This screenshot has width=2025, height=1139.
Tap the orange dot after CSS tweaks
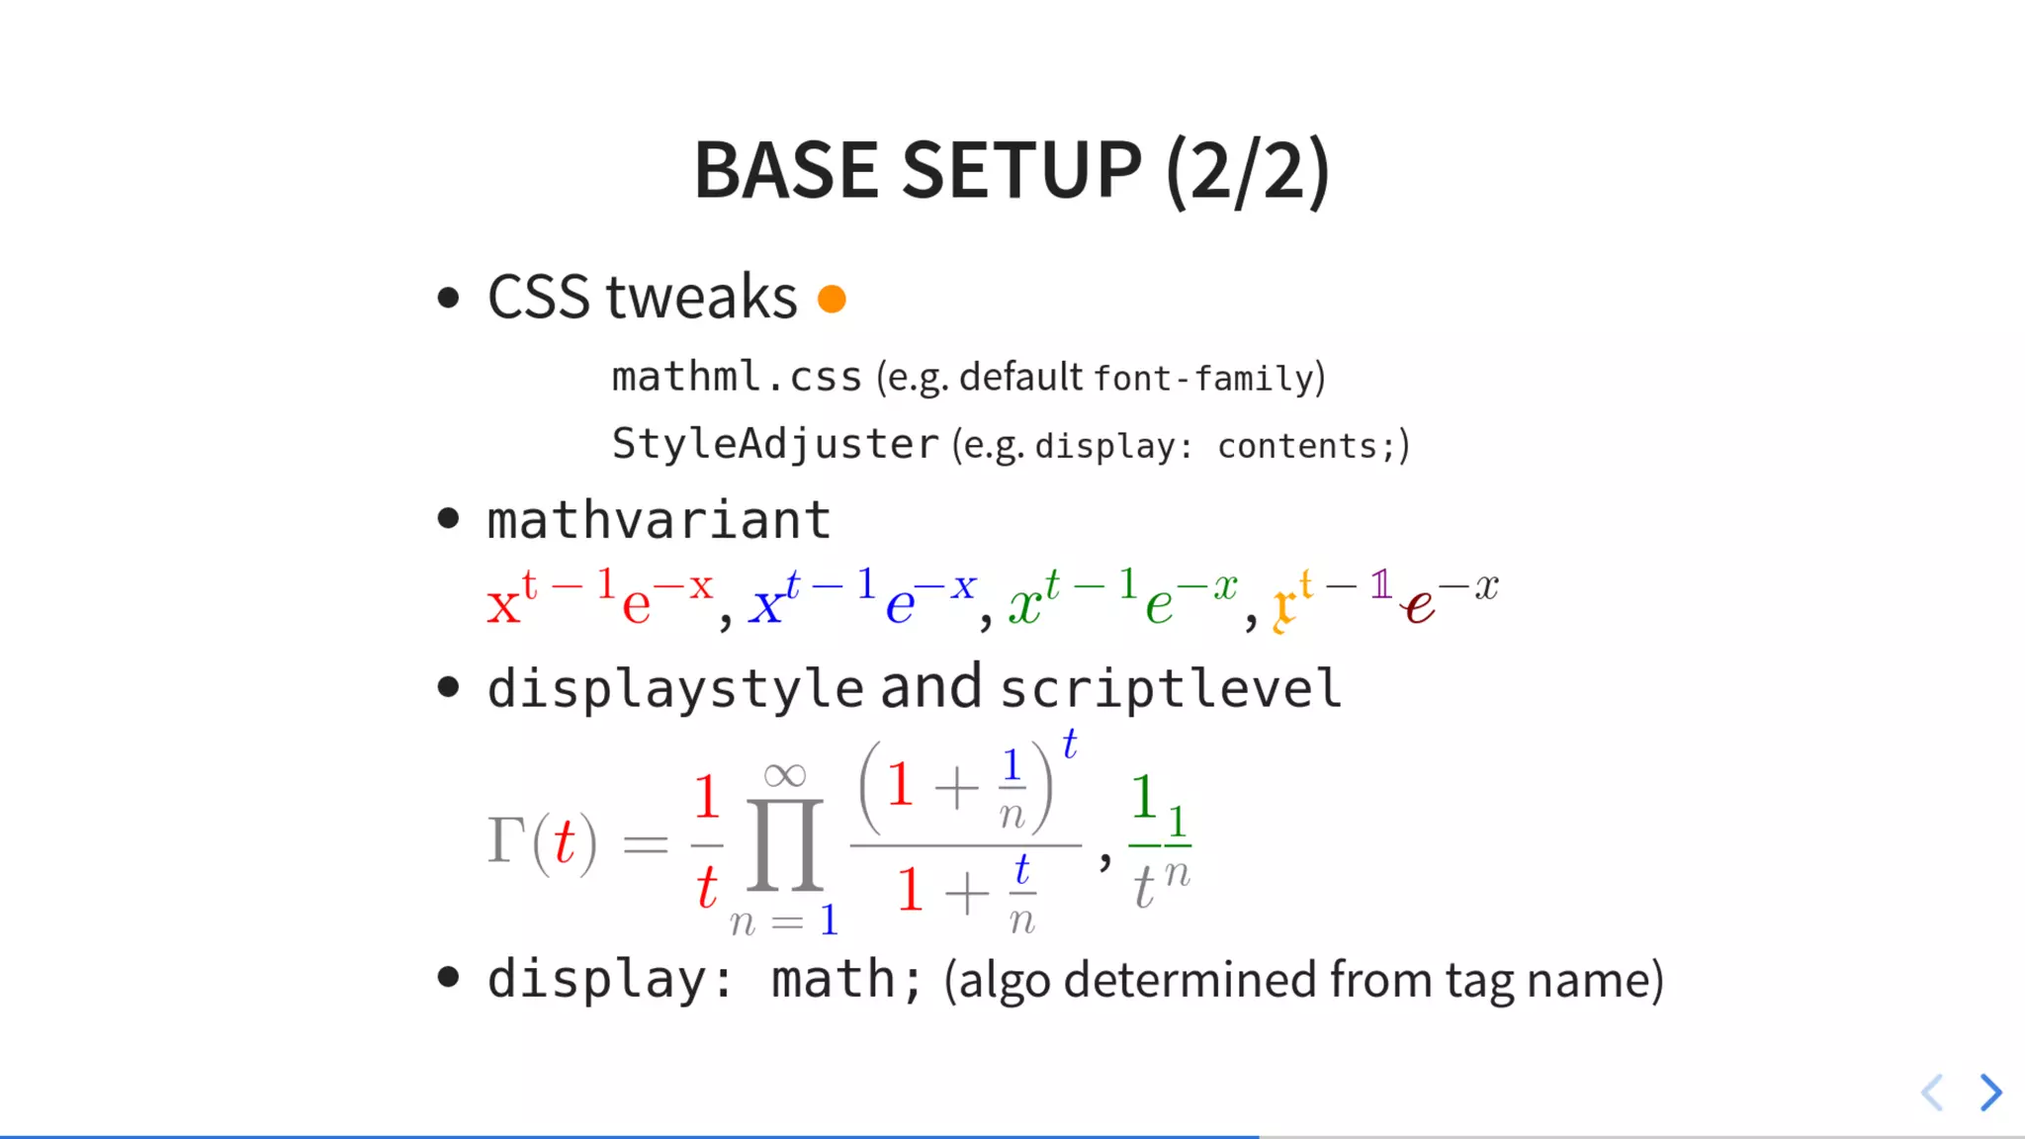832,299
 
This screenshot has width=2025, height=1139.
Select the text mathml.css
736,377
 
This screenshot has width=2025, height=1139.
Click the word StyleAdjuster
774,444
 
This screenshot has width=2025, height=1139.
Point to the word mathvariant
659,520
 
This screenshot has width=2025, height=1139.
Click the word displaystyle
675,688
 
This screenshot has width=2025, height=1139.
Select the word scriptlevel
1171,688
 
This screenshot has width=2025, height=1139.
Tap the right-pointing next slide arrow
1990,1092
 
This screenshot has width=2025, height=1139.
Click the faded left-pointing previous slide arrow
1933,1092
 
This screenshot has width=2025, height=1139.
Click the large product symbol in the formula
785,846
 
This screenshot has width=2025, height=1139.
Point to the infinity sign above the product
785,775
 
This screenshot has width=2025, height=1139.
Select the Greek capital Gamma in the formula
505,840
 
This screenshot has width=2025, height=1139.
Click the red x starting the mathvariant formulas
503,604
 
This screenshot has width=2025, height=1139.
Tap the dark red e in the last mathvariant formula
1419,606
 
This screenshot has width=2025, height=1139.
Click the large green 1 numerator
1144,797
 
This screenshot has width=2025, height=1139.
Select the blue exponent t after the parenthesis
1069,745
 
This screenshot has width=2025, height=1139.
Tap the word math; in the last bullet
845,980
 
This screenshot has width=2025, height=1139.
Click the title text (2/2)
1248,170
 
